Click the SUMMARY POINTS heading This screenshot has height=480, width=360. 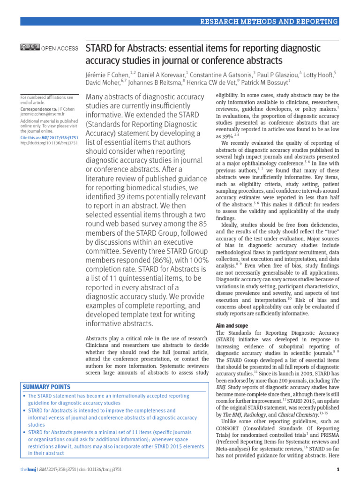(x=46, y=387)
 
